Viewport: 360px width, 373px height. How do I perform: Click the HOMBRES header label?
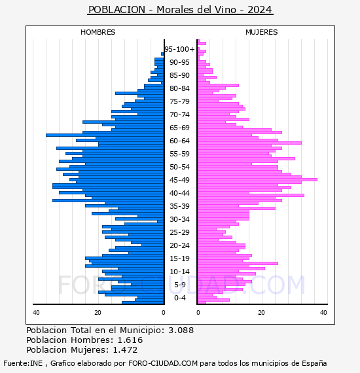[98, 32]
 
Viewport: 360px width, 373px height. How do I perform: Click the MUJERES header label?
[262, 32]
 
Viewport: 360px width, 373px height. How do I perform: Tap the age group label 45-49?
[179, 180]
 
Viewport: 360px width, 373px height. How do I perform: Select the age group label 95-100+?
[179, 49]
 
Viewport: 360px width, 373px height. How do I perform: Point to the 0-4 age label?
[179, 298]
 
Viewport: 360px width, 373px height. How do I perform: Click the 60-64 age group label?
[179, 141]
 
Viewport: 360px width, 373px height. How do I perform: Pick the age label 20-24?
[179, 245]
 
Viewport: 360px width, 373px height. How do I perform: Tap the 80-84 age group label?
[179, 88]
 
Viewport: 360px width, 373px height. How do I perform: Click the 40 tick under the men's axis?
[36, 312]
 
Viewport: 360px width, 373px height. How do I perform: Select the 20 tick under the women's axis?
[261, 312]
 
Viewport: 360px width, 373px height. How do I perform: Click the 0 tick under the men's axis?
[163, 312]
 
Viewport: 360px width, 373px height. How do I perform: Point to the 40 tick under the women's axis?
[323, 312]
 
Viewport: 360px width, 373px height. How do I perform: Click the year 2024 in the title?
[260, 10]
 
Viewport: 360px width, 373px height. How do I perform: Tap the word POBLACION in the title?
[117, 10]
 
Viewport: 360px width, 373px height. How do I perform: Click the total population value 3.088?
[181, 330]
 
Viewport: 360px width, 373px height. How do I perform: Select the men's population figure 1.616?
[130, 340]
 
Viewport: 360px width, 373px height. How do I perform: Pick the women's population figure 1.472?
[125, 349]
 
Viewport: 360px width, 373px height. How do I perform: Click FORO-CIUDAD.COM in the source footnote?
[163, 363]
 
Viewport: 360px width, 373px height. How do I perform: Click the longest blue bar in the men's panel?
[105, 135]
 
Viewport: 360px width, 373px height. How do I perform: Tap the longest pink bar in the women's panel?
[257, 179]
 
